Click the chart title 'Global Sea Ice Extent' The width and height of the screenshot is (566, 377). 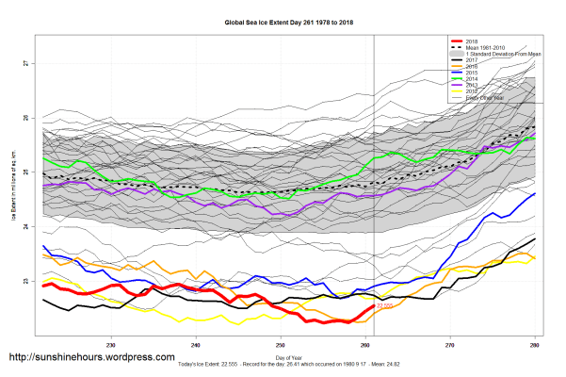[x=283, y=21]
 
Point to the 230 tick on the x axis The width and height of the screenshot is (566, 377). [x=112, y=341]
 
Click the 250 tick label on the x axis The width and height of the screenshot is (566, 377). [x=280, y=341]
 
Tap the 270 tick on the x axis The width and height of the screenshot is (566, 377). [x=449, y=341]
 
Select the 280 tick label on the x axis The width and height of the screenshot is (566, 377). [x=535, y=341]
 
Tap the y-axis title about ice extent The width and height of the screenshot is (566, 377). [x=13, y=189]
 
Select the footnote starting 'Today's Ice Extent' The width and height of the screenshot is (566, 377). [x=283, y=365]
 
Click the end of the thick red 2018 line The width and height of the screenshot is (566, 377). [x=374, y=306]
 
